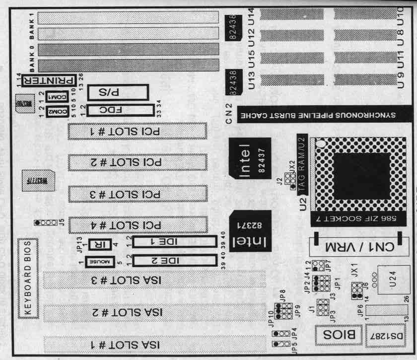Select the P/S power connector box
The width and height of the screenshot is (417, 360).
click(x=118, y=93)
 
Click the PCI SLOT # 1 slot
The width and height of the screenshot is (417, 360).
click(x=137, y=132)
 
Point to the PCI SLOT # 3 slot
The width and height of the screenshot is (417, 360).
click(x=137, y=194)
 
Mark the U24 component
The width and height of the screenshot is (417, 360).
click(x=393, y=283)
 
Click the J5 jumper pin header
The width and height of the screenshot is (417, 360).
click(x=44, y=223)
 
